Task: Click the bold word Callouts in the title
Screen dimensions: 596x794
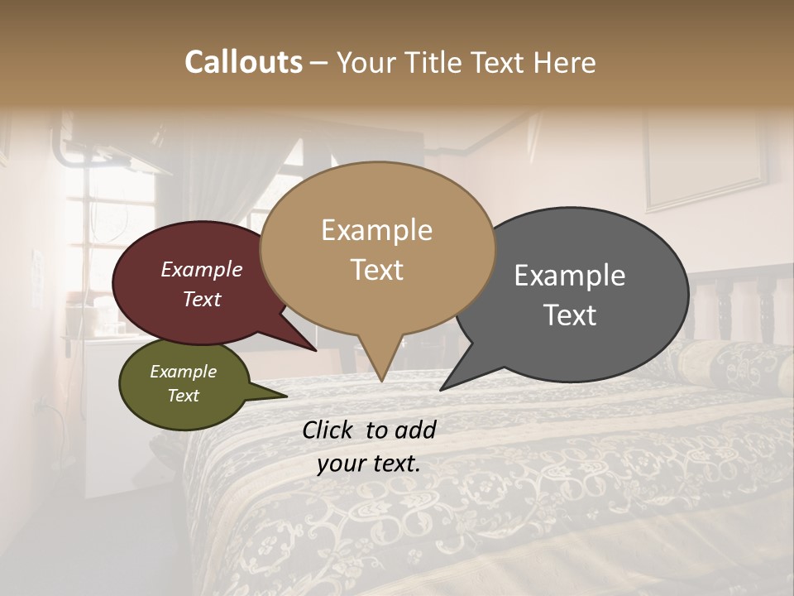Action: [x=243, y=62]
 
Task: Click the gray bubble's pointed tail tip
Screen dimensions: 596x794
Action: [x=442, y=389]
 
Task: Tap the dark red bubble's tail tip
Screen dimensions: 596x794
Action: [x=316, y=350]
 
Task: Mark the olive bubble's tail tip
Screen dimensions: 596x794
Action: [x=286, y=397]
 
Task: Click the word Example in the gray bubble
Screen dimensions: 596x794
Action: [x=570, y=276]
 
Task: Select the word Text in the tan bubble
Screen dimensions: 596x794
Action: [x=377, y=270]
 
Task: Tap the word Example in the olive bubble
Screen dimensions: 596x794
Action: [x=184, y=372]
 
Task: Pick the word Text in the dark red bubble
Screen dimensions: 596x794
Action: [x=202, y=299]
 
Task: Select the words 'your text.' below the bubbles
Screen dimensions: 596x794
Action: [x=369, y=464]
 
